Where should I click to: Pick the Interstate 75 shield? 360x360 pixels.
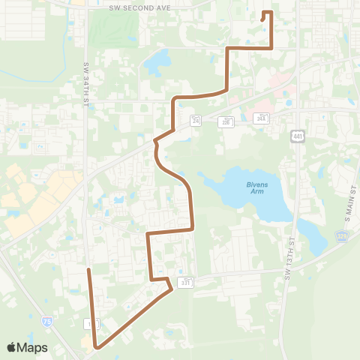[x=48, y=320]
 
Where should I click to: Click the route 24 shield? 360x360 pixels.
[x=196, y=120]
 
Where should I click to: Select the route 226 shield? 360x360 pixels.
[x=225, y=121]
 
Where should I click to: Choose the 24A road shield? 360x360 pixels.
[x=261, y=118]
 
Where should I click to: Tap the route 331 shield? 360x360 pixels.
[x=185, y=281]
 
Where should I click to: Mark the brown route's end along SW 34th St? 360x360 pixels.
[x=88, y=269]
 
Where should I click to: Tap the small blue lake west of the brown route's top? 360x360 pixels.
[x=158, y=62]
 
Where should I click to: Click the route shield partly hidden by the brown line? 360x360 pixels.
[x=91, y=323]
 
